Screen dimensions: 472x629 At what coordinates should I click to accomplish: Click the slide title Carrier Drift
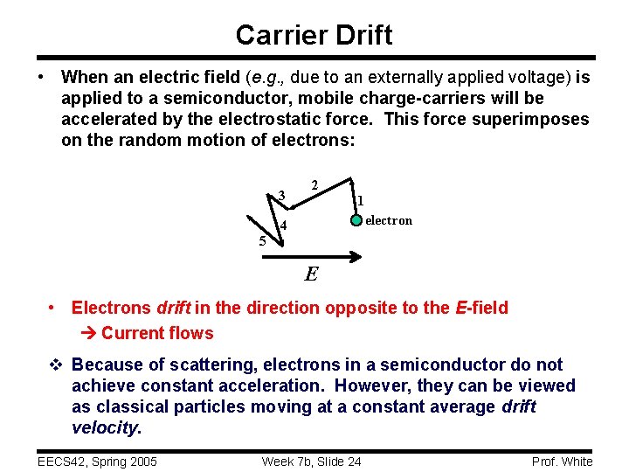click(314, 35)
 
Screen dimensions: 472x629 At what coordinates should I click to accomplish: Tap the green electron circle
click(356, 219)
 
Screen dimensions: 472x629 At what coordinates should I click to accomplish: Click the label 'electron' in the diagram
click(389, 220)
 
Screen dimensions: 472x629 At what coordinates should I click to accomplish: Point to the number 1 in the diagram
click(360, 201)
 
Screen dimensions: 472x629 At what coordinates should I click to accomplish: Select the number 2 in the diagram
click(314, 184)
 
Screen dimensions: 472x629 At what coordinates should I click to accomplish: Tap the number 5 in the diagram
click(262, 241)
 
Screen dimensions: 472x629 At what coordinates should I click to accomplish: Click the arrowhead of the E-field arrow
click(355, 257)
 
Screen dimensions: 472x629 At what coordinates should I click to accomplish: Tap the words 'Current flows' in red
click(157, 333)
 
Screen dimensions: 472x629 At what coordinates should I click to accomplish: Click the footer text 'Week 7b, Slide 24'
click(312, 462)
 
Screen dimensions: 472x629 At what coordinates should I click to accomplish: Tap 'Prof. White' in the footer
click(561, 462)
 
